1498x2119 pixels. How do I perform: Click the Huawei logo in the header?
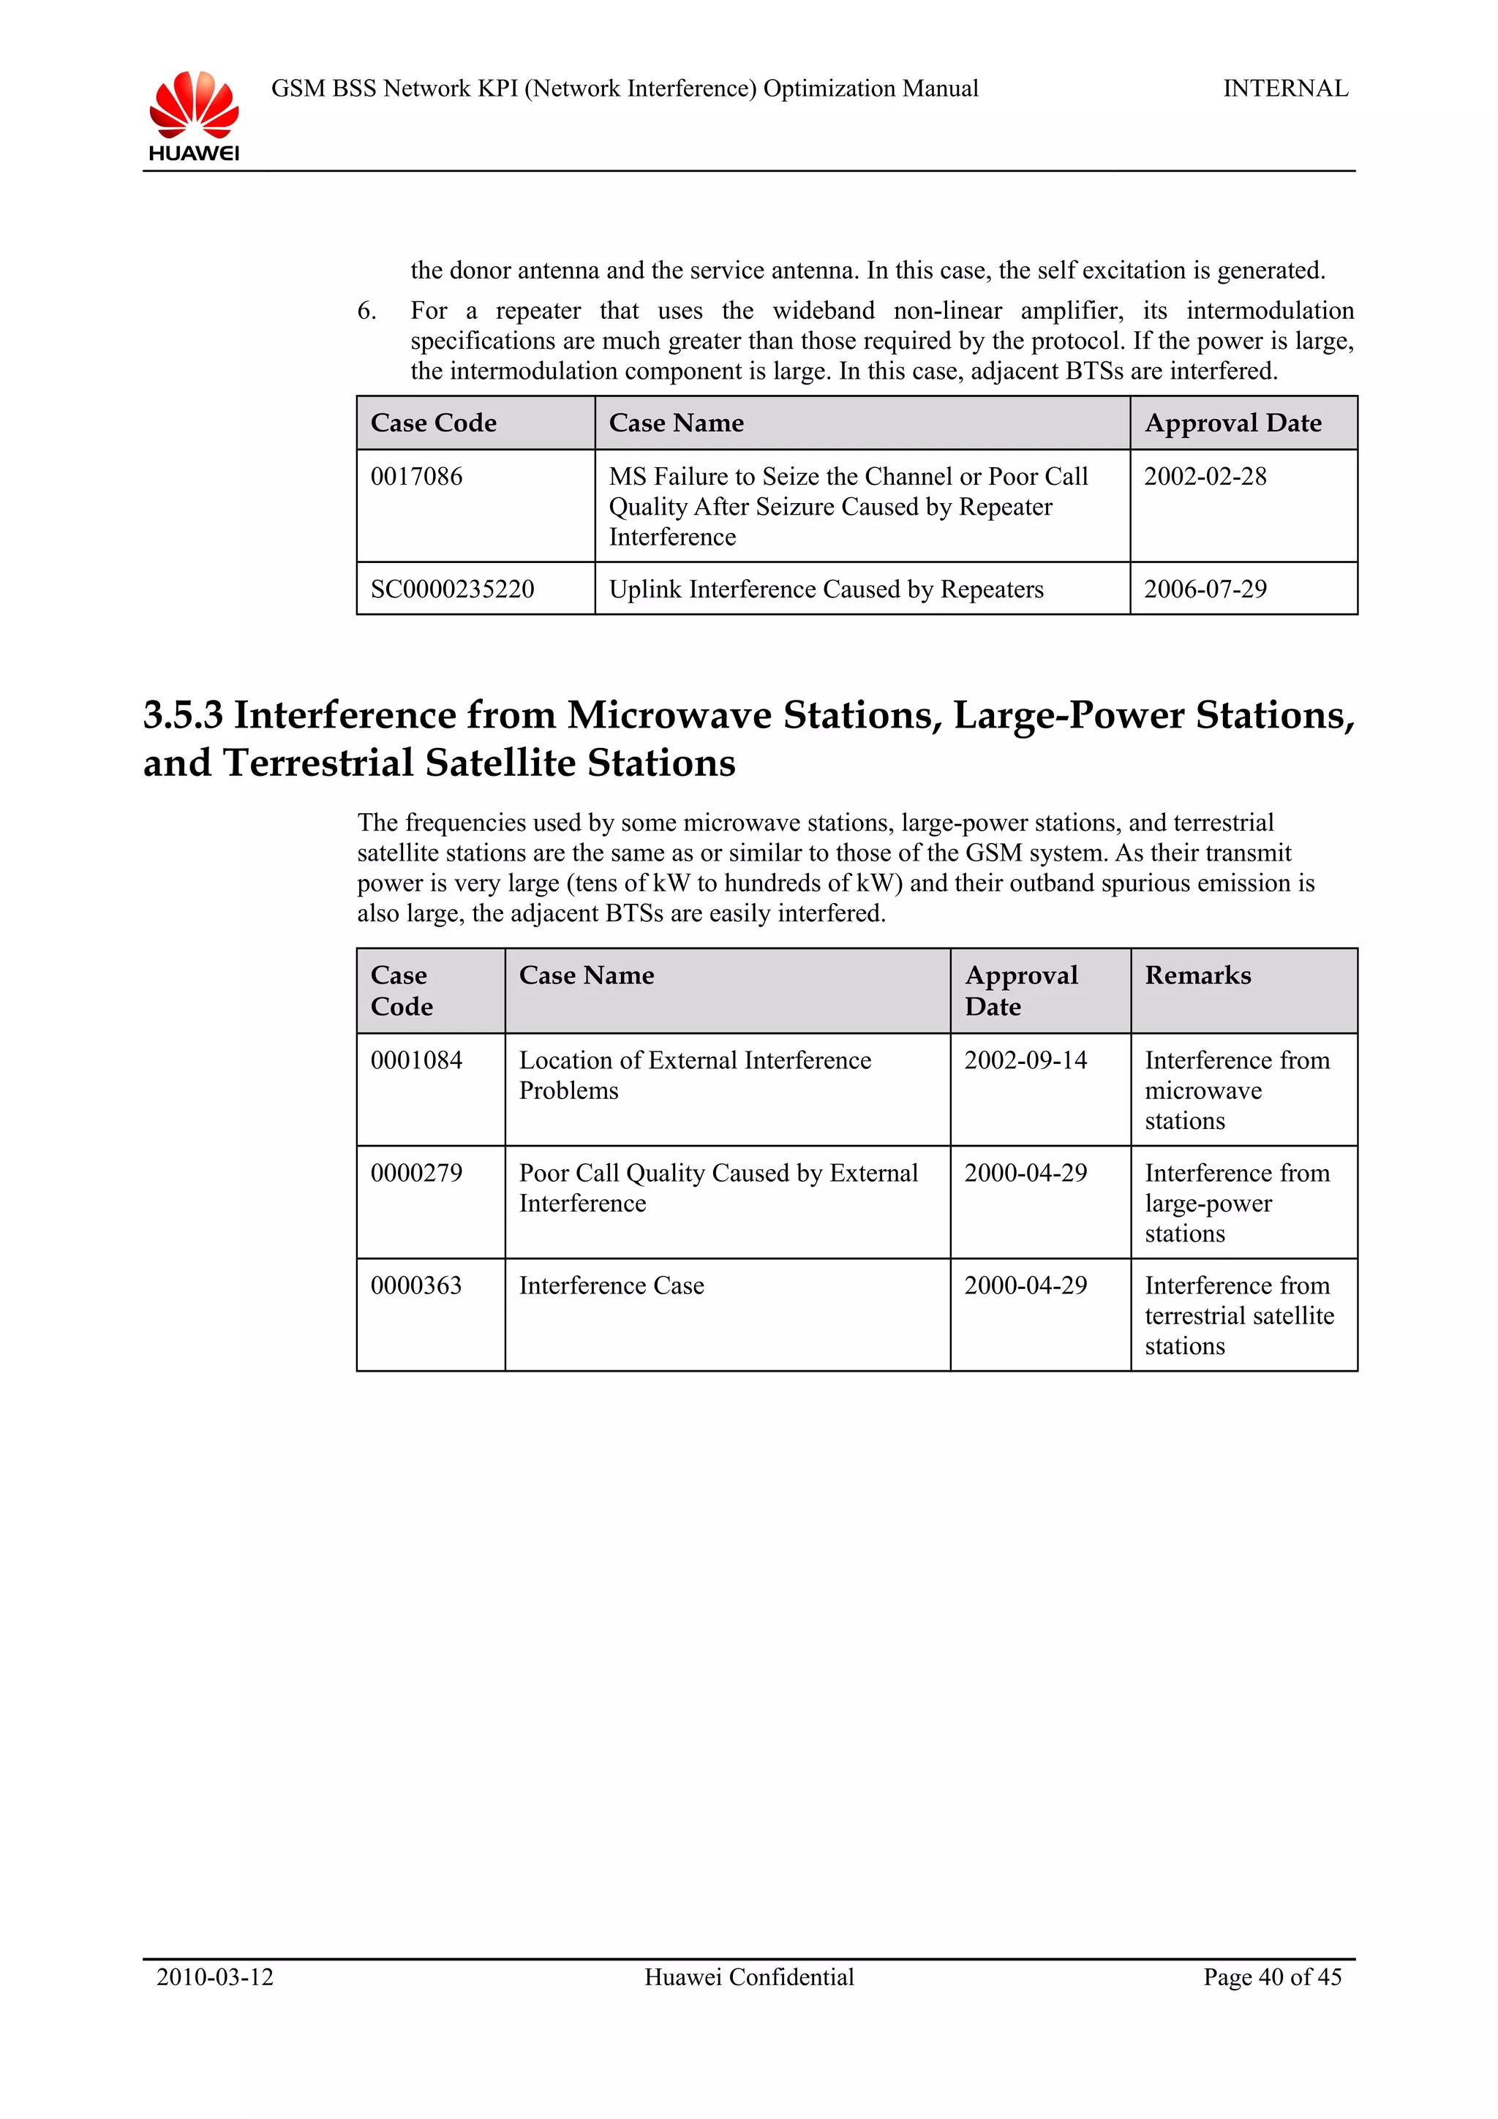click(x=194, y=116)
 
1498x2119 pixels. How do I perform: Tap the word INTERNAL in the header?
click(x=1285, y=88)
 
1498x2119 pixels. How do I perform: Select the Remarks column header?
click(x=1197, y=975)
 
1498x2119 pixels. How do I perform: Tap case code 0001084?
click(x=416, y=1060)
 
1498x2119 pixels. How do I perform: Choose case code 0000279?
click(x=416, y=1173)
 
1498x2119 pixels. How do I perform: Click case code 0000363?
click(x=416, y=1285)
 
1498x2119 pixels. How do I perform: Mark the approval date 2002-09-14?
click(x=1025, y=1060)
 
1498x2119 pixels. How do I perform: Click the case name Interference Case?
click(x=611, y=1285)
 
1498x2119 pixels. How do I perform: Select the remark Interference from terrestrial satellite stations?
click(x=1238, y=1315)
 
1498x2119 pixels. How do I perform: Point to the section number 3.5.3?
click(x=183, y=716)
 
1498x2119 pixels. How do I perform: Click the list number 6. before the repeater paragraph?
click(x=366, y=311)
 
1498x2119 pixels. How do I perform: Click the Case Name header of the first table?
click(x=676, y=423)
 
